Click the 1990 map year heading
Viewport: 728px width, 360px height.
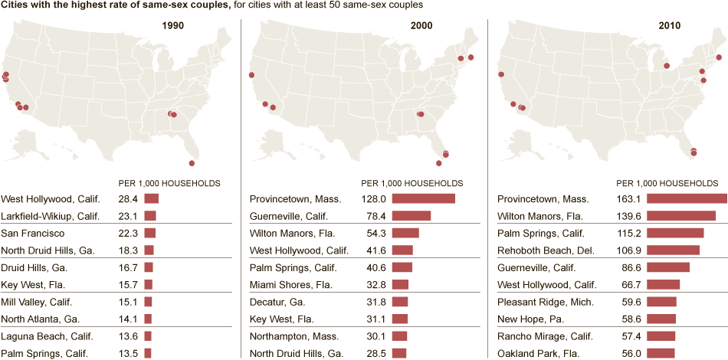(172, 25)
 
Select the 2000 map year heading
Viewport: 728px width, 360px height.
(421, 25)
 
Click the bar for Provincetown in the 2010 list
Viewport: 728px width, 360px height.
(687, 199)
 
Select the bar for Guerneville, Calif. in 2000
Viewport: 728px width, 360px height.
(412, 216)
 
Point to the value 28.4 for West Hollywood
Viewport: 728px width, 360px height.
(128, 199)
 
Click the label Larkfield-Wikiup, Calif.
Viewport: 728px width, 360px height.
(51, 216)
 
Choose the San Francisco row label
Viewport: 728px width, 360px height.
(33, 233)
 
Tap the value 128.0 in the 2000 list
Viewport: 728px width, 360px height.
(373, 199)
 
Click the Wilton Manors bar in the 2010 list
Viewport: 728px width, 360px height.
(681, 216)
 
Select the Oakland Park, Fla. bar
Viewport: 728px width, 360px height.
(661, 353)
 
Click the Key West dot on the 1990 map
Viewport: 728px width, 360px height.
(192, 163)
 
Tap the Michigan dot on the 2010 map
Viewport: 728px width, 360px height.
(667, 66)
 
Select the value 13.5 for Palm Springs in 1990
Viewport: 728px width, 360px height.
(128, 353)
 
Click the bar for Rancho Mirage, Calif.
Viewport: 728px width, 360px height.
(661, 335)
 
